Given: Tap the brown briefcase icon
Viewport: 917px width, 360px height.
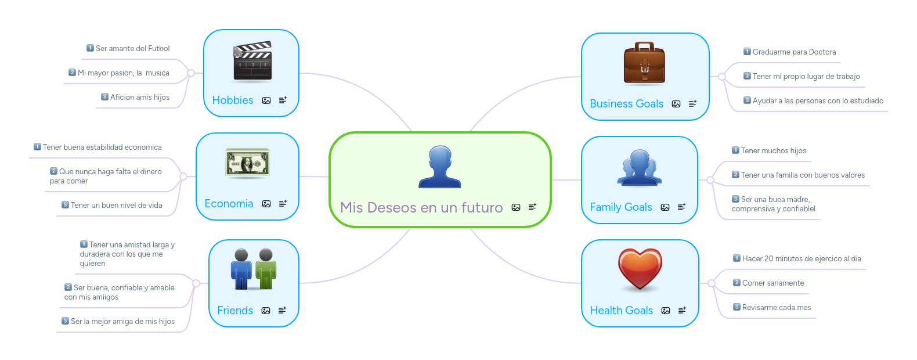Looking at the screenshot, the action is coord(644,63).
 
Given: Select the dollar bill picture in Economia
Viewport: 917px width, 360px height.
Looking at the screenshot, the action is coord(247,163).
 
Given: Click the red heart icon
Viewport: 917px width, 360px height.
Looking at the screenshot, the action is coord(640,269).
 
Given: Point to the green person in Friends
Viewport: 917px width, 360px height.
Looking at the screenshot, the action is coord(266,269).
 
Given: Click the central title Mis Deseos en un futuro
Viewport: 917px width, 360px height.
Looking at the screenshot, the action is coord(421,207).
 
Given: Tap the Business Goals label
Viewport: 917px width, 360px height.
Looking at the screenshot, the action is coord(626,103).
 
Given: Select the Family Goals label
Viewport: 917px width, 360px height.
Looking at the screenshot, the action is coord(620,207).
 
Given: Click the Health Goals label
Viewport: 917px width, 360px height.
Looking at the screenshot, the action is coord(621,311).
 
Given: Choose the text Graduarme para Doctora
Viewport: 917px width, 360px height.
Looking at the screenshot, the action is coord(794,52).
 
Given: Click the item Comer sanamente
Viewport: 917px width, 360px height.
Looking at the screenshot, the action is coord(773,283).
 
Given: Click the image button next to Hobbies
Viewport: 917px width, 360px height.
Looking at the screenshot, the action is coord(266,100).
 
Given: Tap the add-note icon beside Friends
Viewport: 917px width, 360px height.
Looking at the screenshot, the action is coord(283,311).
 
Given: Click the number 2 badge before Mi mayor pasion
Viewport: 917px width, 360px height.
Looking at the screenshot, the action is coord(72,73).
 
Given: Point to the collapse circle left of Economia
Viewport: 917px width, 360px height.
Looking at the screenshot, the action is coord(183,177).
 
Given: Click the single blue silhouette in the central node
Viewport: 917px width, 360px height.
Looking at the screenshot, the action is coord(440,167).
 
